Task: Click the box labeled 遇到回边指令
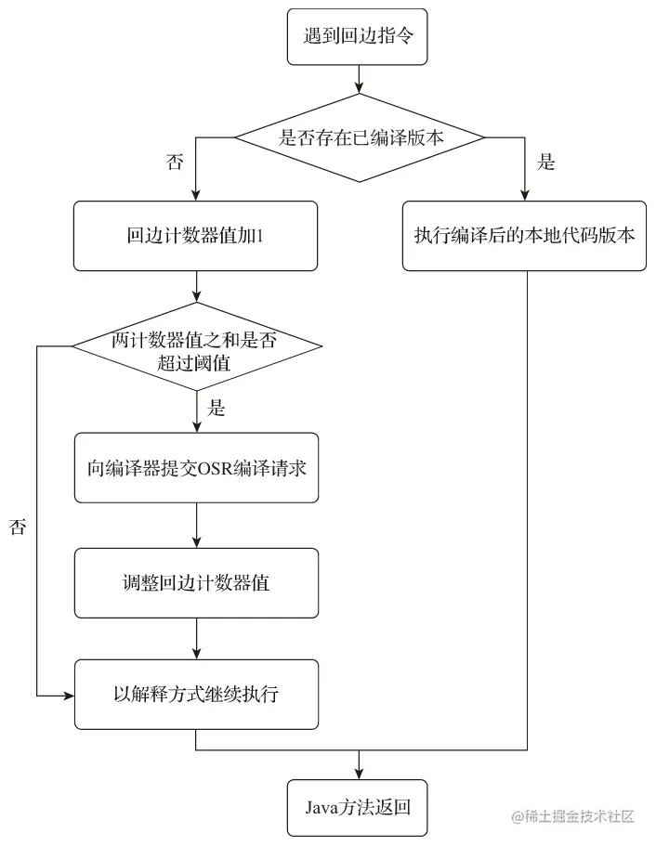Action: click(358, 38)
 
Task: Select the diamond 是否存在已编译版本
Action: click(360, 137)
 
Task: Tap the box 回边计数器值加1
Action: click(196, 236)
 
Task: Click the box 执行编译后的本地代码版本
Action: click(524, 236)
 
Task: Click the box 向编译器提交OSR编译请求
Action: click(196, 467)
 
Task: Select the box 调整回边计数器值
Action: click(196, 583)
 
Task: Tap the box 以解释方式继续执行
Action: click(196, 694)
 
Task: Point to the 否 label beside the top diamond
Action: click(175, 163)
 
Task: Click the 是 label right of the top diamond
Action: click(546, 163)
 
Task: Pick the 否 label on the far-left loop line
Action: click(18, 527)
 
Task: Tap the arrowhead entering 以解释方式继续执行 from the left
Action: click(69, 695)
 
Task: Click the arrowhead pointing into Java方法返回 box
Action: click(358, 773)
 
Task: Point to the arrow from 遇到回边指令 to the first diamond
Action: click(358, 79)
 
